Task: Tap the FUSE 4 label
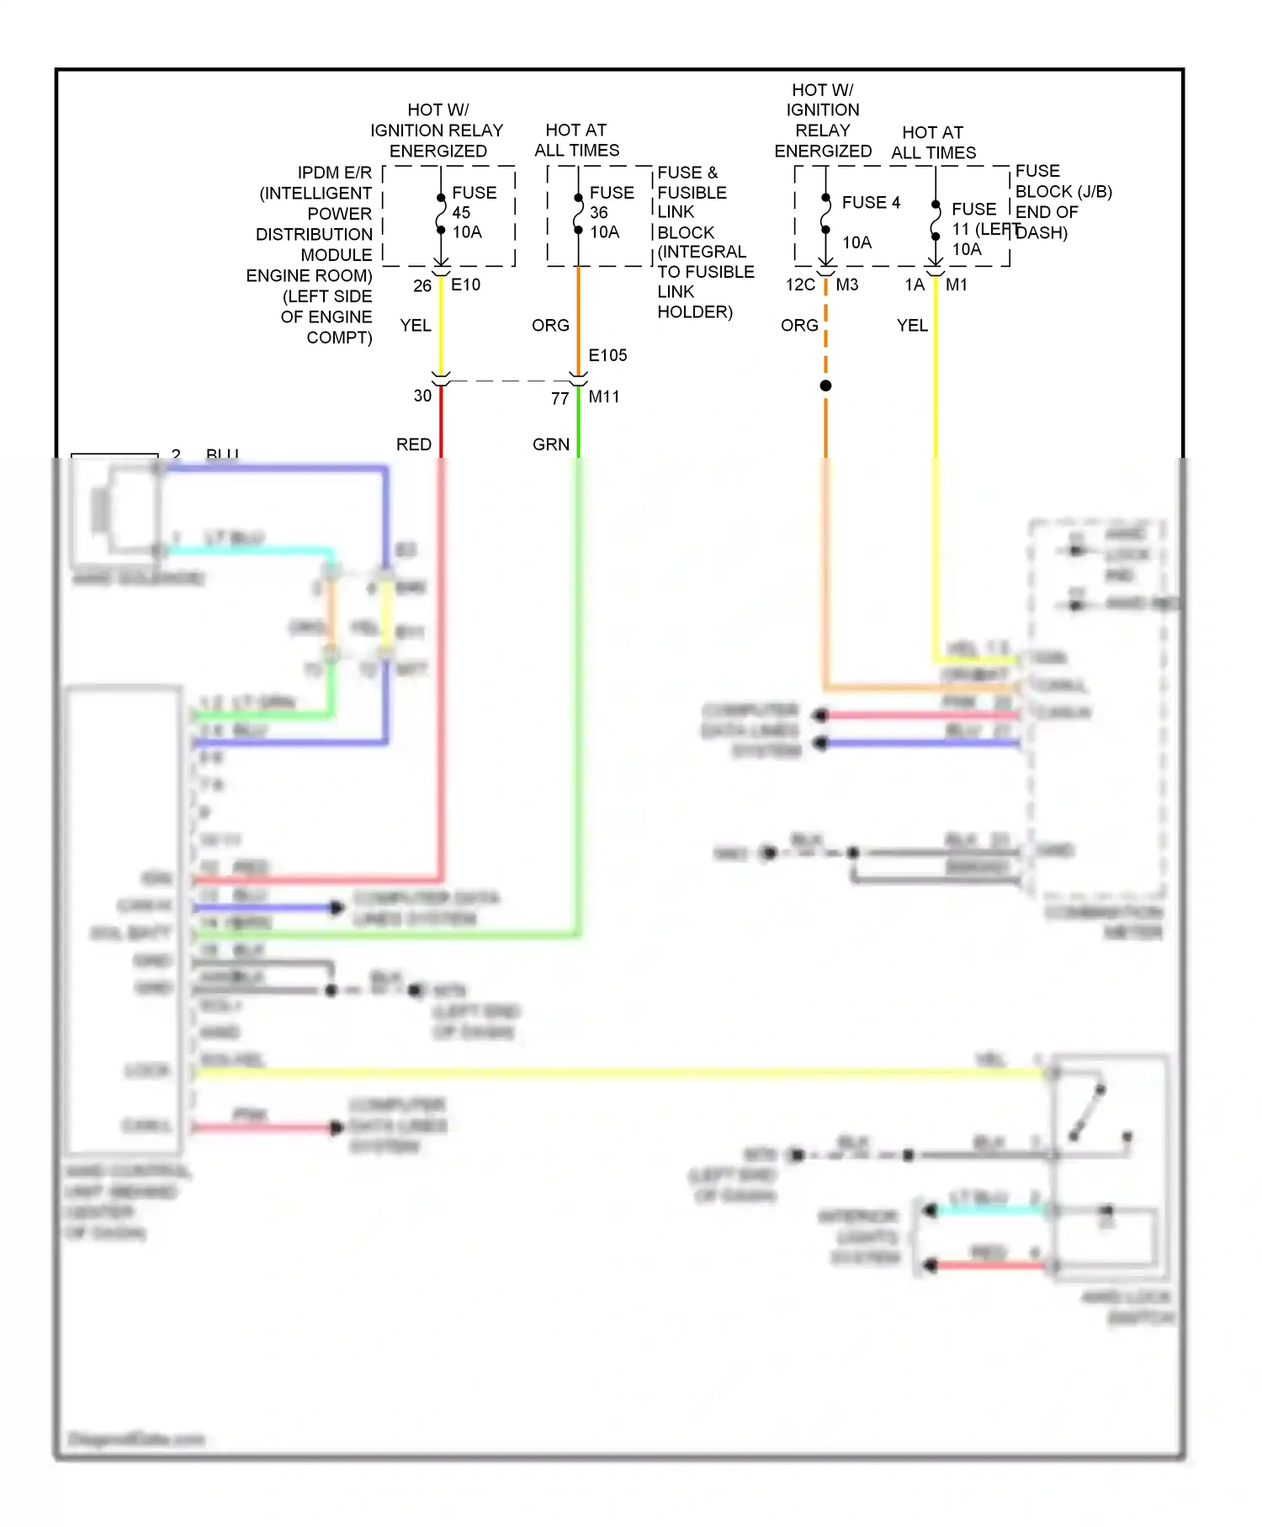pyautogui.click(x=871, y=203)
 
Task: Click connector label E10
pyautogui.click(x=465, y=285)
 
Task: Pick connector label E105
pyautogui.click(x=607, y=355)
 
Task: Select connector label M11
pyautogui.click(x=604, y=396)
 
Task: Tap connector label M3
pyautogui.click(x=846, y=285)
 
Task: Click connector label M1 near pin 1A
pyautogui.click(x=956, y=285)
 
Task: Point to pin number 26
pyautogui.click(x=422, y=286)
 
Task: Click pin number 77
pyautogui.click(x=560, y=399)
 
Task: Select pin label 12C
pyautogui.click(x=800, y=285)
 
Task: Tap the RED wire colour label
pyautogui.click(x=414, y=444)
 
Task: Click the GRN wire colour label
pyautogui.click(x=551, y=444)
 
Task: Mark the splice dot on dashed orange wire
pyautogui.click(x=825, y=386)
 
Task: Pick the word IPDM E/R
pyautogui.click(x=334, y=173)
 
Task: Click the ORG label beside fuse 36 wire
pyautogui.click(x=550, y=325)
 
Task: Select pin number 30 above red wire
pyautogui.click(x=422, y=396)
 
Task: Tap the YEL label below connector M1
pyautogui.click(x=912, y=325)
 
